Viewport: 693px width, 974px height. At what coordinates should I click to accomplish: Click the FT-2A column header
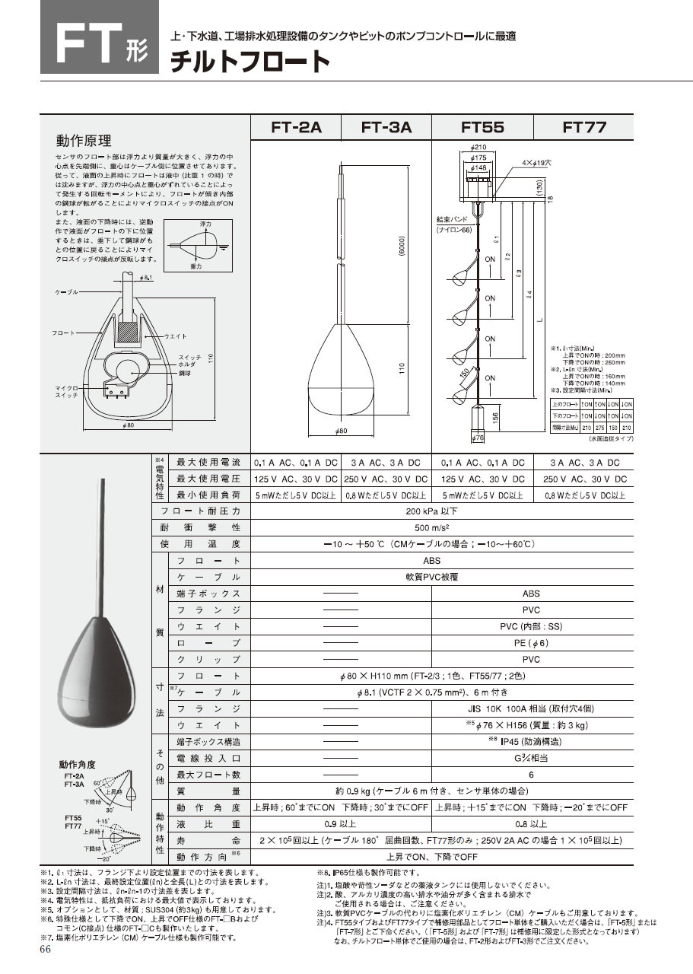point(296,128)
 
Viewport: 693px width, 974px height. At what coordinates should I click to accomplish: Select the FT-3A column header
point(386,128)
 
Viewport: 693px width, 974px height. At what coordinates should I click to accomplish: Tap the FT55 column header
point(482,128)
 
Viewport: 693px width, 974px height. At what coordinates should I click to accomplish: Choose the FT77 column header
point(584,128)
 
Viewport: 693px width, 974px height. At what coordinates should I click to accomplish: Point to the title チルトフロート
point(250,62)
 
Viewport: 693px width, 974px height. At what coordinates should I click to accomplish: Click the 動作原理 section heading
point(84,142)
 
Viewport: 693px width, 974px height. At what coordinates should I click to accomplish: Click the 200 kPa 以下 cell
point(441,512)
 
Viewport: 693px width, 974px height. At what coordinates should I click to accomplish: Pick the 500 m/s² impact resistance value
point(441,528)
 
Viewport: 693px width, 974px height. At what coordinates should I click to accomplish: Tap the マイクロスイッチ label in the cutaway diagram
point(65,391)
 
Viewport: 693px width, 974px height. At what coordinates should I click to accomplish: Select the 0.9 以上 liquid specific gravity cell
point(340,824)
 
